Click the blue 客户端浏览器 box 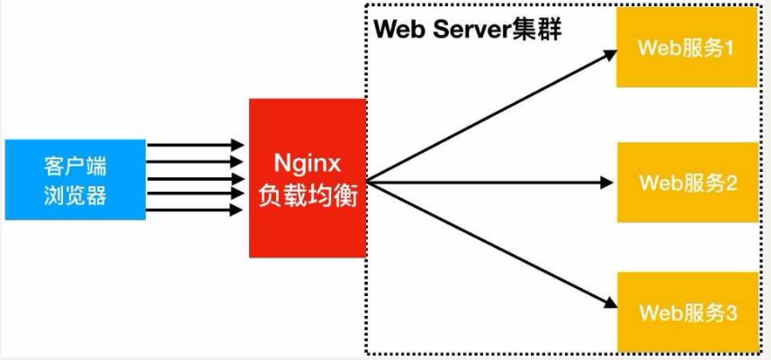[75, 180]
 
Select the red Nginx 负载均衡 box [308, 178]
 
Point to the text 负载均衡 [308, 193]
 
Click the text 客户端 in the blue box [75, 166]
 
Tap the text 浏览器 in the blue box [75, 195]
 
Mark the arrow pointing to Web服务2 [490, 183]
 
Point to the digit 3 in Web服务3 [731, 313]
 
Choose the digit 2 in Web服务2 [731, 183]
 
